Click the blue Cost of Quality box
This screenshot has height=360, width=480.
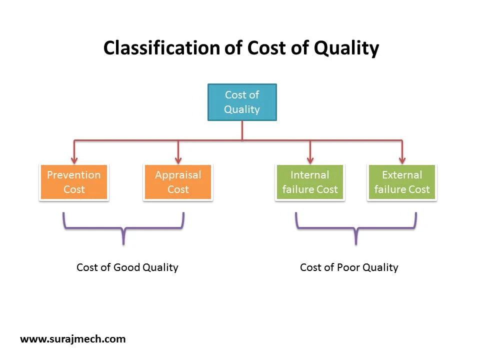(242, 102)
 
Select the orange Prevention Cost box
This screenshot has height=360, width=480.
(74, 182)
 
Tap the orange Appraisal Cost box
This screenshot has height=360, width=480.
(178, 182)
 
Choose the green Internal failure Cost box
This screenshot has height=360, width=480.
(310, 182)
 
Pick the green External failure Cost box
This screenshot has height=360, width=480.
(402, 182)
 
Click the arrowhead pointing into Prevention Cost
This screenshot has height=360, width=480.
(74, 160)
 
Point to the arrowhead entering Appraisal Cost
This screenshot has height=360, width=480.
(178, 160)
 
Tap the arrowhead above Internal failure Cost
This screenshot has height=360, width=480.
(310, 160)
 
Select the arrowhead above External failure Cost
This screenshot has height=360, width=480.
(402, 160)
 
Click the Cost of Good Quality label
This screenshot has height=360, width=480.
(127, 267)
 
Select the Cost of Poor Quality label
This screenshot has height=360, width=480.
(349, 267)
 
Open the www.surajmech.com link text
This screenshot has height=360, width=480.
(72, 339)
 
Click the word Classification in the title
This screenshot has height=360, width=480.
(161, 48)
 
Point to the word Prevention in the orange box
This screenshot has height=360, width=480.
(74, 175)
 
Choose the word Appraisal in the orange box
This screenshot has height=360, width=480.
(178, 175)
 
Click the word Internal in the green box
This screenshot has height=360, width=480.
(310, 175)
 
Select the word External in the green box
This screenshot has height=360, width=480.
(402, 175)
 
